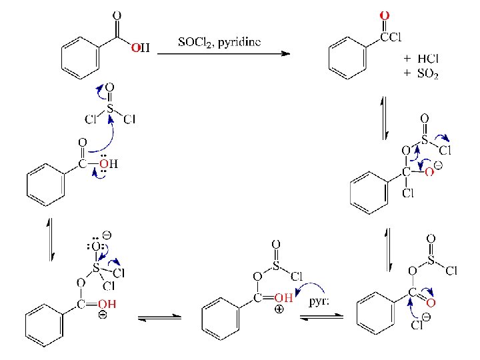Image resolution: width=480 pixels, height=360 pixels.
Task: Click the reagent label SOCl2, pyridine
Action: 219,42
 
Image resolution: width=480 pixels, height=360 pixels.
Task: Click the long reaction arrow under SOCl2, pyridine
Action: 224,54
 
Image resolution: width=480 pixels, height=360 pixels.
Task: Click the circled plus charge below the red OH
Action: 279,309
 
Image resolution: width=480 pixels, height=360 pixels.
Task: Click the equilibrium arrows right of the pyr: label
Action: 321,318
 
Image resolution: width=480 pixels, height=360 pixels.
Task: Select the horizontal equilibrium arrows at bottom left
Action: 160,318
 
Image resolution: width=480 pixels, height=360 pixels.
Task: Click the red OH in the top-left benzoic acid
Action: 139,47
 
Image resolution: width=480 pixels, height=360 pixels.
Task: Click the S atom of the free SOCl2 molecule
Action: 110,106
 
